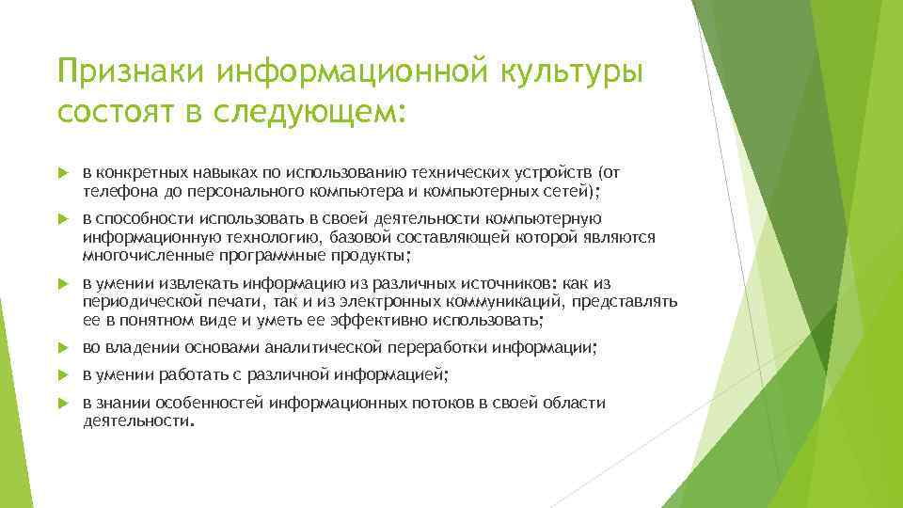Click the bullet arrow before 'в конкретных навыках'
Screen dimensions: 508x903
(x=63, y=173)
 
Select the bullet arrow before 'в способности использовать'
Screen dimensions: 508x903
(x=63, y=219)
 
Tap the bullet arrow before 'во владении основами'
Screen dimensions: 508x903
(x=63, y=347)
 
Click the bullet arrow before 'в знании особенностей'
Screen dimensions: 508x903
(x=63, y=404)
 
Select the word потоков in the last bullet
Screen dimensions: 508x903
(x=450, y=404)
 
